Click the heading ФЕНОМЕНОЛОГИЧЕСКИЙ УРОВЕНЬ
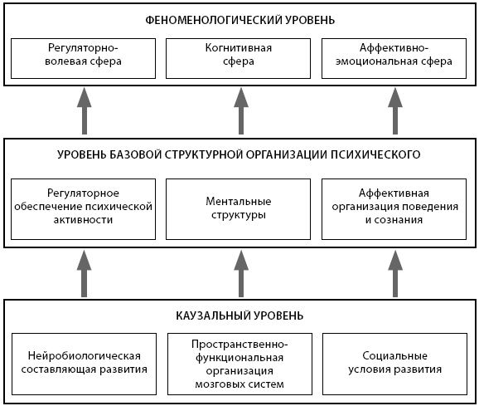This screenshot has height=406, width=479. [x=239, y=20]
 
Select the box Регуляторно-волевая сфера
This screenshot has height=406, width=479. [x=83, y=58]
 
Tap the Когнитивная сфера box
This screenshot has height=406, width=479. [x=239, y=58]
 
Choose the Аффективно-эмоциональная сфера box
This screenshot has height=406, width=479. [x=394, y=58]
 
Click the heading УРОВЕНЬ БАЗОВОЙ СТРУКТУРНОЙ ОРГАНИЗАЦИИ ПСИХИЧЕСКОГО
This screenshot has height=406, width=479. [x=239, y=154]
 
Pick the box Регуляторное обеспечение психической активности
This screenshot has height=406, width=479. [x=83, y=209]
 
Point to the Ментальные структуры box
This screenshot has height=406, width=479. [x=239, y=209]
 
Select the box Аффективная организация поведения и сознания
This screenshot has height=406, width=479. [x=394, y=209]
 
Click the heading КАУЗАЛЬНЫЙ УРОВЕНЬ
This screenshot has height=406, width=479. [x=239, y=316]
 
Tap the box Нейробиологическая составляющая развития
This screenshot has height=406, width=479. [x=84, y=364]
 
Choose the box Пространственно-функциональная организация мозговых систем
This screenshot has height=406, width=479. [x=239, y=364]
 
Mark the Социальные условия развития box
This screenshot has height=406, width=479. [x=395, y=364]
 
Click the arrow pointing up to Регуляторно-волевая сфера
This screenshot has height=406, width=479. [x=85, y=111]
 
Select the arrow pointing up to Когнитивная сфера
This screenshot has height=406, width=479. [x=241, y=111]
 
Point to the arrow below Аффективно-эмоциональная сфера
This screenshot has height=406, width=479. [x=395, y=111]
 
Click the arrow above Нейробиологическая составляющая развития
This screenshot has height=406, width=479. [x=85, y=274]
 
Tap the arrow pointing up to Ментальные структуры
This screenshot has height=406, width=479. [x=241, y=274]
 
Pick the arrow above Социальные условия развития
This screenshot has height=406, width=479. [x=395, y=274]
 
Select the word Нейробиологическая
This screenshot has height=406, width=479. [x=85, y=356]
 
